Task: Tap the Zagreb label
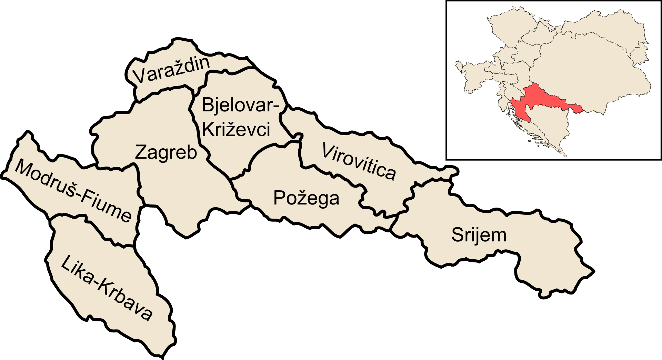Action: tap(166, 152)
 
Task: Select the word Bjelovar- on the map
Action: tap(240, 105)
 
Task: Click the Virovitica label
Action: tap(359, 161)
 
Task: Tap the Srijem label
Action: tap(479, 235)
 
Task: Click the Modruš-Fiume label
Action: tap(73, 190)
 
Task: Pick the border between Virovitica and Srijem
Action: tap(410, 197)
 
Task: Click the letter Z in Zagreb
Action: tap(140, 152)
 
